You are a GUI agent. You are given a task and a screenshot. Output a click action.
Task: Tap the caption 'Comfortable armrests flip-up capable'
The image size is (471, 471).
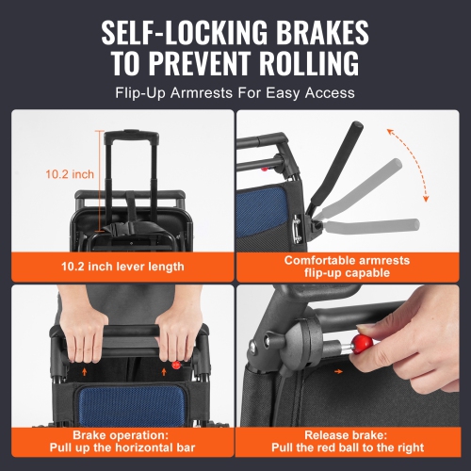[x=353, y=266]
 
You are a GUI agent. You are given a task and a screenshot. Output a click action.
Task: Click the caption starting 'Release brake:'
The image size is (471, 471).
[x=353, y=441]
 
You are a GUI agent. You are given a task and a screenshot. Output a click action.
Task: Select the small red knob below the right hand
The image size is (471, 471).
[x=177, y=365]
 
